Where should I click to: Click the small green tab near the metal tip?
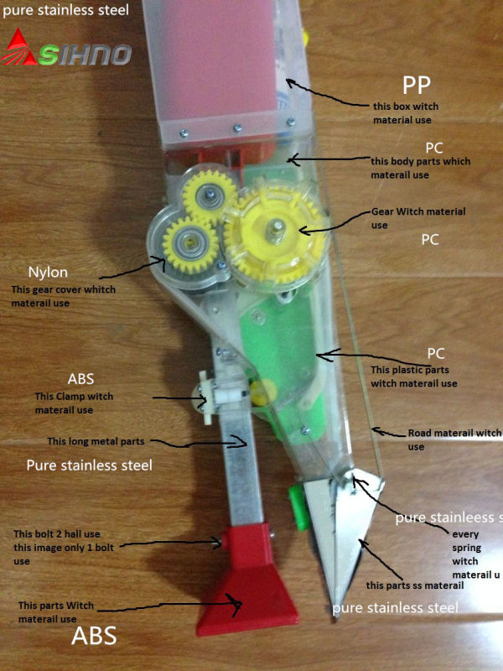click(x=295, y=504)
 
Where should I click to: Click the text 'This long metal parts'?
click(x=96, y=440)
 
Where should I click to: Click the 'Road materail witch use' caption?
click(x=454, y=440)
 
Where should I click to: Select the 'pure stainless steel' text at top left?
click(x=65, y=11)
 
